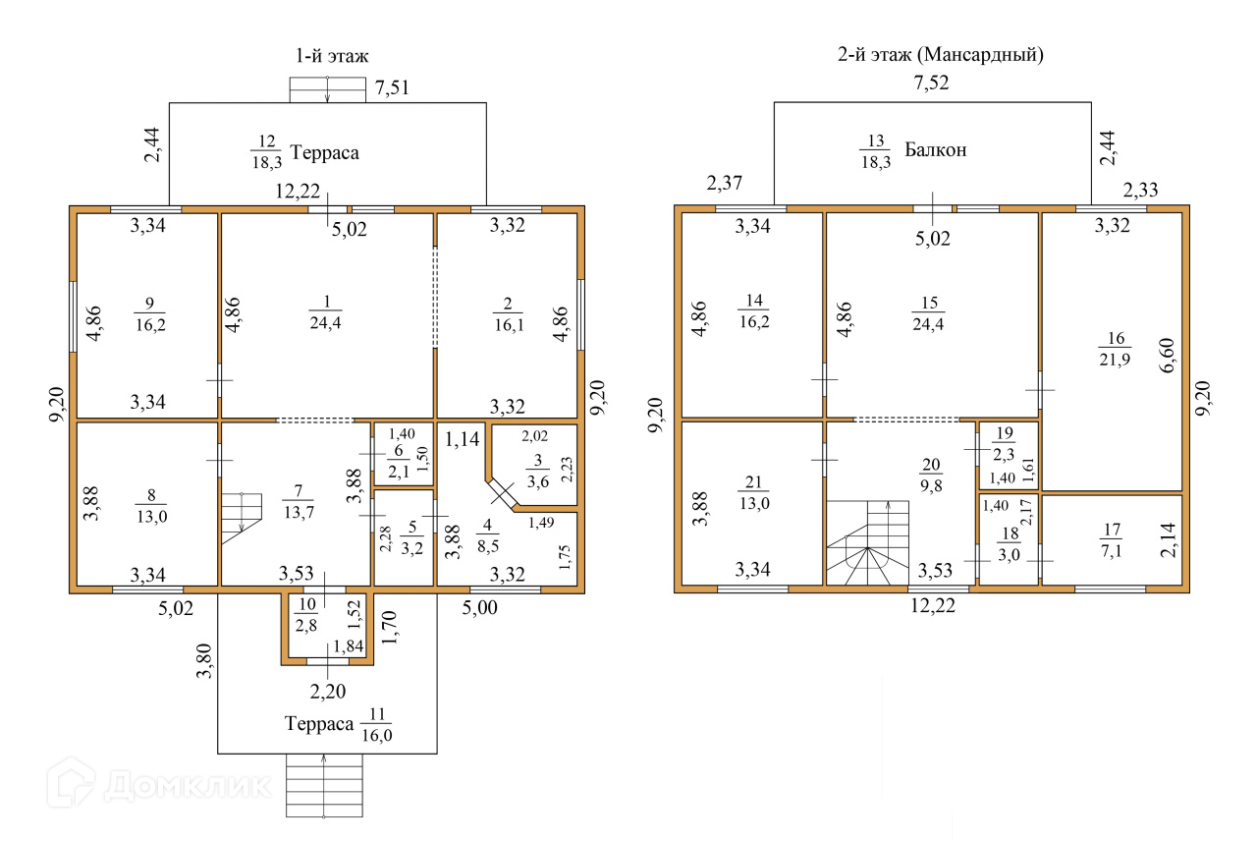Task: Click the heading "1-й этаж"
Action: click(x=332, y=56)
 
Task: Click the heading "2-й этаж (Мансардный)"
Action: click(x=941, y=55)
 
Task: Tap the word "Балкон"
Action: click(x=936, y=150)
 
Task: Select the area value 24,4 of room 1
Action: click(x=325, y=323)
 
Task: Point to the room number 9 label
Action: click(x=150, y=304)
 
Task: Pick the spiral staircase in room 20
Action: click(x=867, y=543)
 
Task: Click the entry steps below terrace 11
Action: click(x=324, y=785)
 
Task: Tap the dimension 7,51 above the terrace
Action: click(x=392, y=88)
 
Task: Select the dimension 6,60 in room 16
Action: click(x=1167, y=356)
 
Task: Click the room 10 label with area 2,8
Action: click(x=306, y=615)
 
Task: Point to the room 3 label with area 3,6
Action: click(x=537, y=471)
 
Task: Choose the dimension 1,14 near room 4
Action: click(x=463, y=439)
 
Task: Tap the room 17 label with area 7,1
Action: click(x=1112, y=540)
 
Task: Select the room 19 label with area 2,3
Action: click(x=1004, y=443)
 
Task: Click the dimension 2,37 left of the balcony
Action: click(x=725, y=183)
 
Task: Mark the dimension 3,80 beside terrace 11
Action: click(x=204, y=661)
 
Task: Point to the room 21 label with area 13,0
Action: click(x=754, y=493)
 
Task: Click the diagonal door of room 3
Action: click(x=502, y=494)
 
